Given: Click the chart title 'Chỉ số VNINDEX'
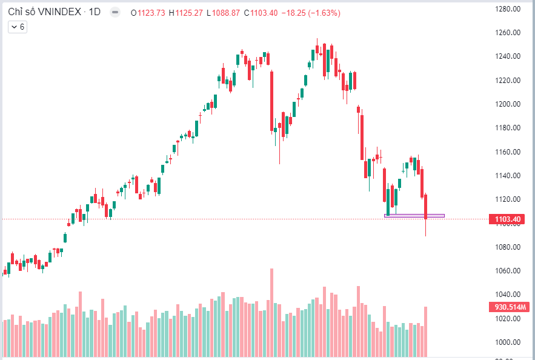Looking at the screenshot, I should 45,12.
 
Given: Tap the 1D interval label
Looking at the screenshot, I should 95,12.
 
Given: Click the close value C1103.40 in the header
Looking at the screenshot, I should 261,12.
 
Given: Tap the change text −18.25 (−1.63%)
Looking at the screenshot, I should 310,12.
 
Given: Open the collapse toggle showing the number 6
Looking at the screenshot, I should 18,27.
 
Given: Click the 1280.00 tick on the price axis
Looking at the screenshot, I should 508,9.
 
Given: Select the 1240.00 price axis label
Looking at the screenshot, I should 508,56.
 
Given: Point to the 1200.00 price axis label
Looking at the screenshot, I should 508,104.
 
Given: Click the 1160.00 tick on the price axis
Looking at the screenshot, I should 508,152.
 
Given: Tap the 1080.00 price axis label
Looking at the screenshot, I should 508,247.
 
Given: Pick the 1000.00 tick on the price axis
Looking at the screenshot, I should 508,342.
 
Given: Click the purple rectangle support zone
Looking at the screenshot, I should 414,215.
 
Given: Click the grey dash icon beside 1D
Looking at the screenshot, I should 115,12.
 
